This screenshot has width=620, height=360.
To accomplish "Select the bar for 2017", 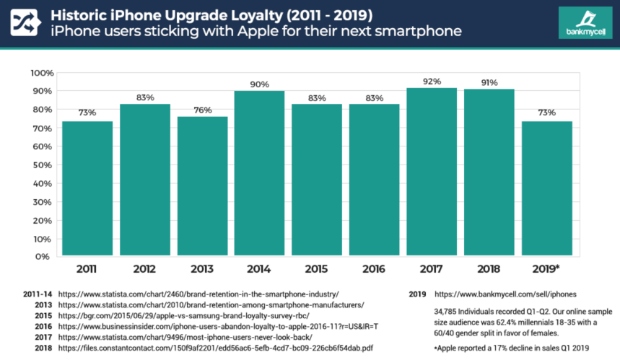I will tap(431, 172).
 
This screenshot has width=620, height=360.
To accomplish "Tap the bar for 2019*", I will tap(546, 188).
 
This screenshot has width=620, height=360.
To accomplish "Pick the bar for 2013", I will tap(201, 186).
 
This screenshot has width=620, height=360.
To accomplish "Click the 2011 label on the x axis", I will tap(87, 269).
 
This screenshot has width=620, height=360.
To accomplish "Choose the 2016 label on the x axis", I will tap(374, 269).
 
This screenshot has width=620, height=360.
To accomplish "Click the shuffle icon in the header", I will tap(25, 23).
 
